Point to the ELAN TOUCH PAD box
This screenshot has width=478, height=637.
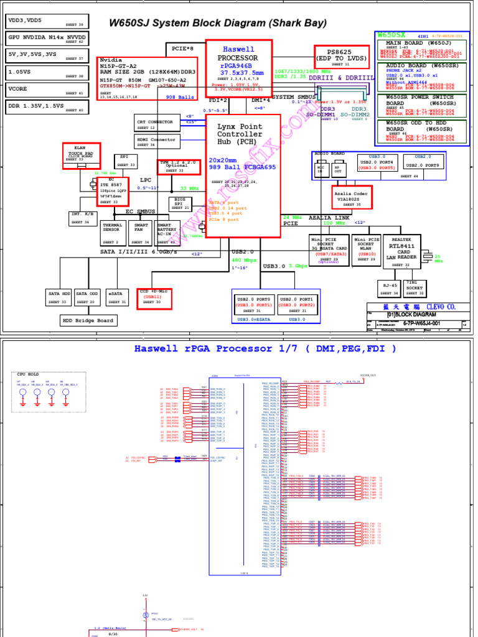pyautogui.click(x=81, y=155)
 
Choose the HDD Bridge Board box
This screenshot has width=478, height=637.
pyautogui.click(x=88, y=320)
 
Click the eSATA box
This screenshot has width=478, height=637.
pyautogui.click(x=116, y=297)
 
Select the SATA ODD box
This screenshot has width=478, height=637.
pyautogui.click(x=87, y=297)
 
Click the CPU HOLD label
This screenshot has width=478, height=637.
pyautogui.click(x=28, y=374)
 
